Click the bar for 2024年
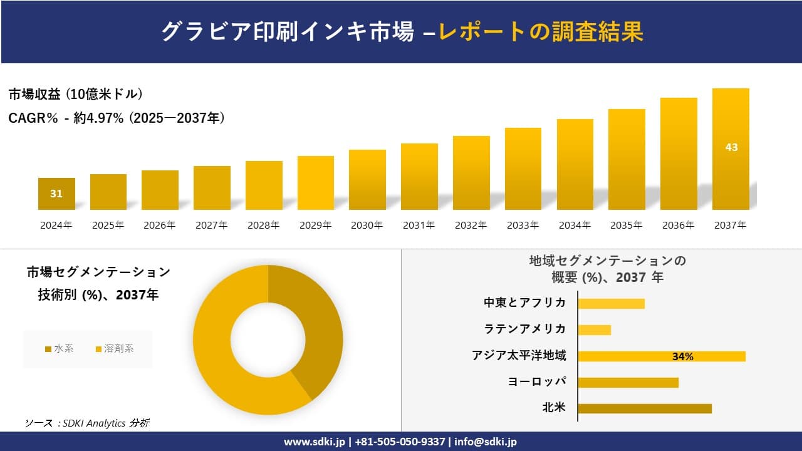click(56, 194)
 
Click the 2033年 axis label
click(523, 225)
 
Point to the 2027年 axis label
click(212, 225)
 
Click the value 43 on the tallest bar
click(731, 147)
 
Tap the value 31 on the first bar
click(56, 194)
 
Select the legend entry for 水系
click(60, 348)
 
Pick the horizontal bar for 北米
click(644, 408)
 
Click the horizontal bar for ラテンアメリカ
click(594, 329)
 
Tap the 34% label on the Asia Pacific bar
click(682, 356)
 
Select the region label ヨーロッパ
click(537, 381)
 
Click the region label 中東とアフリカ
click(524, 303)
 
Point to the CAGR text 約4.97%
click(99, 118)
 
